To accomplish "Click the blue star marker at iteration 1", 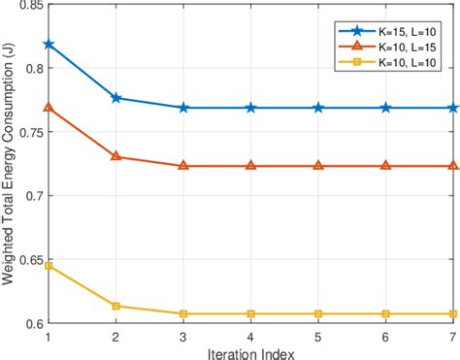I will (48, 45).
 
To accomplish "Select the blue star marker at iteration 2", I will (115, 98).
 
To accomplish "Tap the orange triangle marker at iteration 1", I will (48, 107).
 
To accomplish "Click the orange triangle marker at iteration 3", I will (183, 166).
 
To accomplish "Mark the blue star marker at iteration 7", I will (453, 108).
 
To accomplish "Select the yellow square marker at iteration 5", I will (318, 313).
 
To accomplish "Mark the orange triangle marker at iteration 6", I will (385, 166).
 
